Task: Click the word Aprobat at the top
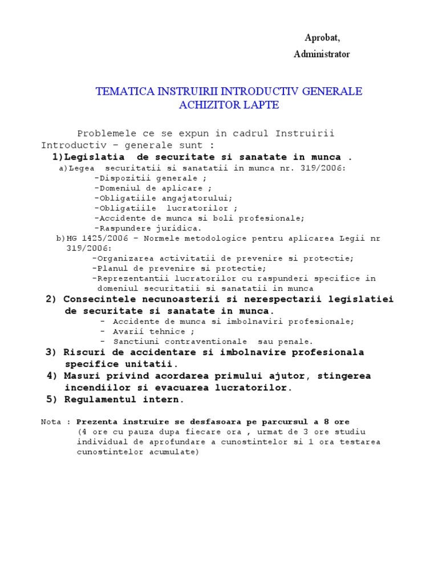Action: click(322, 38)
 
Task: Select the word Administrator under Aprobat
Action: click(322, 54)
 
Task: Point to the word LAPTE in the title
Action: click(255, 105)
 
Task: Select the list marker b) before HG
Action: click(60, 238)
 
